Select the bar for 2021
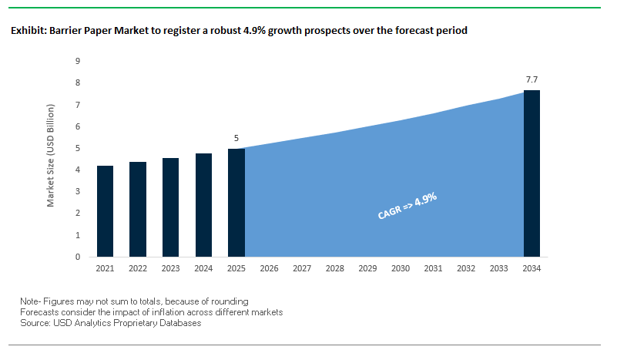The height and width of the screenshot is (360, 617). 106,211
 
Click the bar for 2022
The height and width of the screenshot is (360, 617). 138,209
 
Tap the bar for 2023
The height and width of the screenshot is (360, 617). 171,207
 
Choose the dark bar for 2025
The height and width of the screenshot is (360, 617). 236,203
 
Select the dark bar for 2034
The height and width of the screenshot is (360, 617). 531,173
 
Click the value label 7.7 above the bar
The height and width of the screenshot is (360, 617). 531,79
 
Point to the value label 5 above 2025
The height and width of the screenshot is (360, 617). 236,138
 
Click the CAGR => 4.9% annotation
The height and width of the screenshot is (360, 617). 407,206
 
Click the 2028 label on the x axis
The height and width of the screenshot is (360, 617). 335,269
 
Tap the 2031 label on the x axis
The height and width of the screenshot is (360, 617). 433,269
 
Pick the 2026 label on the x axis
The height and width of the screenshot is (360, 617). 270,269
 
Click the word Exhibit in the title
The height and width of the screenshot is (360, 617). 28,32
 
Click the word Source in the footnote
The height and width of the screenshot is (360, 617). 35,323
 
